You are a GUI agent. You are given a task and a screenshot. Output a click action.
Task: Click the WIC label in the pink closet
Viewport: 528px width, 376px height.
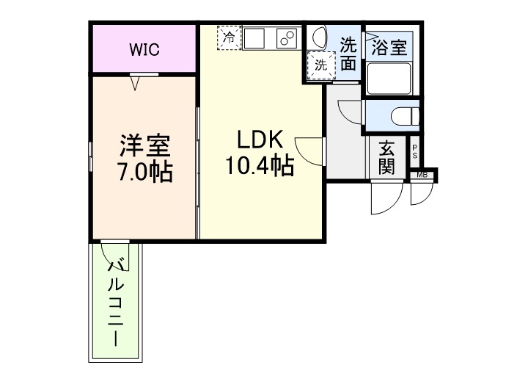pos(144,50)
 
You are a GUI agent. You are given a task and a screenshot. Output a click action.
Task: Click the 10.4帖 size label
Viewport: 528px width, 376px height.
pos(259,167)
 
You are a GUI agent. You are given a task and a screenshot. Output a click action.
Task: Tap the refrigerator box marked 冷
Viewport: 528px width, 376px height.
pos(229,37)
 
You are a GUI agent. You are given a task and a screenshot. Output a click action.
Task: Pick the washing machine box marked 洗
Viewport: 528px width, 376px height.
pos(321,64)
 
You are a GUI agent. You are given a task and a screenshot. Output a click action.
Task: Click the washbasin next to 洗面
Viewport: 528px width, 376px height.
pos(318,37)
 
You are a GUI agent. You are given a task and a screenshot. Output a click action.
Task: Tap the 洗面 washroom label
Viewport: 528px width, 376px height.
pos(348,54)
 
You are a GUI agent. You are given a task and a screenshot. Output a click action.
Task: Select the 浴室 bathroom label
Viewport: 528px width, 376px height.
pos(388,48)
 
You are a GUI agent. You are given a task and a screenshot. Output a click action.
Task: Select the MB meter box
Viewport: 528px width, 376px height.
pos(422,175)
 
